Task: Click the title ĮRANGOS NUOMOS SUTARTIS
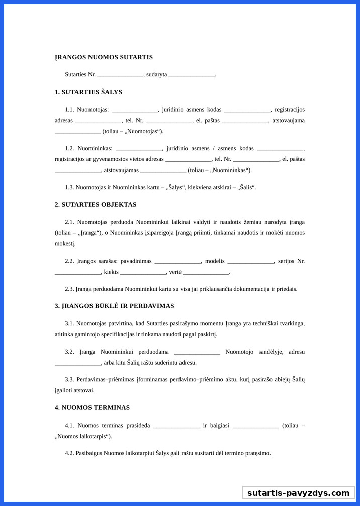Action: click(104, 57)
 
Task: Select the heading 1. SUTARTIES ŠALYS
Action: click(88, 92)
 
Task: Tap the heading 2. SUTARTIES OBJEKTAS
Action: click(96, 205)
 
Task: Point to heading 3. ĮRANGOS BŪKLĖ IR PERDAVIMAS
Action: click(115, 306)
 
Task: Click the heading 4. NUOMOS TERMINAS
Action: click(92, 407)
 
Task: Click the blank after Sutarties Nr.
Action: click(120, 75)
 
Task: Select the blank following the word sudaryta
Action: click(192, 75)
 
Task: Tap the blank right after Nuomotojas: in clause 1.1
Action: click(135, 110)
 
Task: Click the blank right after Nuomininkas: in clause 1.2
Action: click(139, 149)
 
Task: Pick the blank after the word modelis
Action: click(251, 262)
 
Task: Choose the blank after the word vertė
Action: click(206, 273)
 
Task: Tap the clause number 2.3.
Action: click(69, 289)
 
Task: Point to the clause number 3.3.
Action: click(69, 379)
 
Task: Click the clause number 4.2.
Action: click(69, 453)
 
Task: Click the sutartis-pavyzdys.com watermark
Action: click(298, 493)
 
